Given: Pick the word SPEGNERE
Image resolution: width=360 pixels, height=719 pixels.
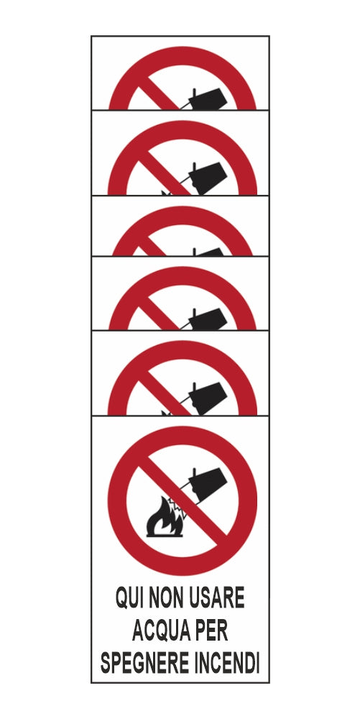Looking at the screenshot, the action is [144, 663].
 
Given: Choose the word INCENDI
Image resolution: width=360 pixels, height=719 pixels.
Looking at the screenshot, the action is [226, 663].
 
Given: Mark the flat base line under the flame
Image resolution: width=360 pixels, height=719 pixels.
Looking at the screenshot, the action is [165, 535].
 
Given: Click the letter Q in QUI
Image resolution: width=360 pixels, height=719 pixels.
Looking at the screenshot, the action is [122, 598].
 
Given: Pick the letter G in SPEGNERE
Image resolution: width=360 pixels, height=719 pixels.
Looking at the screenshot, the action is [136, 663].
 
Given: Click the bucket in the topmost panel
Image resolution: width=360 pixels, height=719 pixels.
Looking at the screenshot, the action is [208, 99].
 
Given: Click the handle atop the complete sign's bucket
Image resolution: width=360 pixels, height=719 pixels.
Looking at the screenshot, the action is [194, 473].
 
